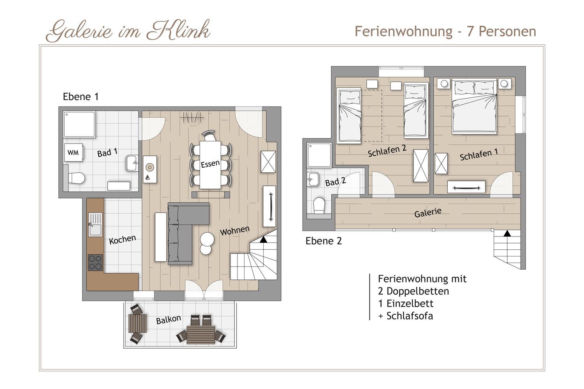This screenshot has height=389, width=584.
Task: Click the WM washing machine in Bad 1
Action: click(74, 152)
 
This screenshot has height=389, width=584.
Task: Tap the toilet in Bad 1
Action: click(77, 179)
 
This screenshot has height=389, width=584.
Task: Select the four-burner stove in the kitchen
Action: click(95, 262)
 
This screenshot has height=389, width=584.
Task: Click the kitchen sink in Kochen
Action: click(95, 224)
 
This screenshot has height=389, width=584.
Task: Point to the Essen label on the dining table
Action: click(210, 164)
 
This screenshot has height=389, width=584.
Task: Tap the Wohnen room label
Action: click(235, 230)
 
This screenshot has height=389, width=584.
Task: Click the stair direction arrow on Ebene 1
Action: click(263, 240)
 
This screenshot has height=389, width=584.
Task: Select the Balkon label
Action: click(169, 320)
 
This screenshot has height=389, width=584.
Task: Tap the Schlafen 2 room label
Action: click(387, 151)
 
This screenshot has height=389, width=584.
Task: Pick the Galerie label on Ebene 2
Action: click(428, 213)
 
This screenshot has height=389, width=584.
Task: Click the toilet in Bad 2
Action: click(319, 205)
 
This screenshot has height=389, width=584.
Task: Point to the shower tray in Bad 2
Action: click(319, 155)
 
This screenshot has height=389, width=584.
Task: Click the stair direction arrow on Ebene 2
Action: click(507, 233)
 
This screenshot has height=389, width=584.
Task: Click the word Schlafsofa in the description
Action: click(410, 316)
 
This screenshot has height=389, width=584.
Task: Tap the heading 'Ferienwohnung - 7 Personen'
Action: click(445, 32)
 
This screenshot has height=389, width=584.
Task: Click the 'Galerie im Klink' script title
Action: click(128, 31)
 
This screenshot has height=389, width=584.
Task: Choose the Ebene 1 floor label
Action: click(81, 96)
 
